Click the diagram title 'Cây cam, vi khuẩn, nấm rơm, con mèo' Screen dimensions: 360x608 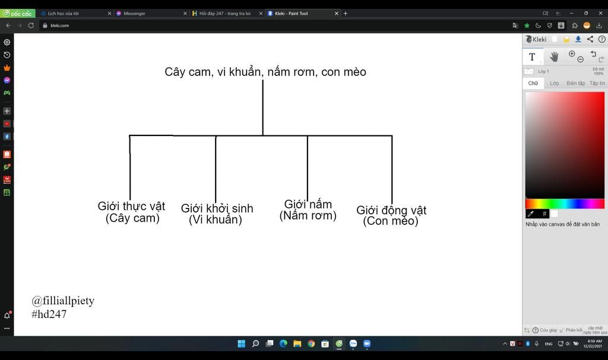tap(265, 72)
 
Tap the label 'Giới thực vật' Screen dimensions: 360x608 tap(131, 206)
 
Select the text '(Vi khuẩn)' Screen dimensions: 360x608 tap(216, 220)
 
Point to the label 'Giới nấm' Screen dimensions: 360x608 tap(308, 204)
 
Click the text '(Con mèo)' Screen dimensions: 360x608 tap(391, 221)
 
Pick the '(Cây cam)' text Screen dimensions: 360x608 tap(132, 218)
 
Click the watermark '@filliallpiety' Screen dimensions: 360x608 tap(63, 301)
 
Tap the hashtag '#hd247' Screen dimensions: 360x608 tap(49, 314)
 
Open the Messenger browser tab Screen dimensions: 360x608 tap(134, 13)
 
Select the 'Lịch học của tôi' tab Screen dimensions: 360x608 tap(63, 13)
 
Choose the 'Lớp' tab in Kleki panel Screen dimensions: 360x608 tap(554, 83)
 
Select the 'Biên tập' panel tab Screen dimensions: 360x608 tap(575, 83)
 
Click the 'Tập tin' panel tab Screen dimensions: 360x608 tap(597, 83)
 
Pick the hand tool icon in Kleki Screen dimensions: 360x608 tap(554, 56)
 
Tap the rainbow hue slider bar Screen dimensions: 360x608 tap(564, 204)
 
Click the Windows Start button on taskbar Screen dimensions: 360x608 tap(241, 343)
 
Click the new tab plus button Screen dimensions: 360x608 tap(346, 13)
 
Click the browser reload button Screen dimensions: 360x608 tap(31, 26)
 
